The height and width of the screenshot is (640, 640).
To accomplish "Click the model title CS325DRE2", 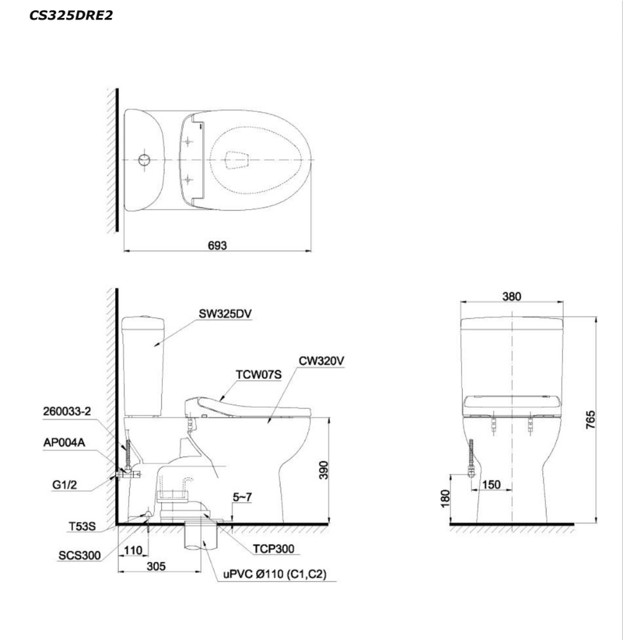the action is point(71,15).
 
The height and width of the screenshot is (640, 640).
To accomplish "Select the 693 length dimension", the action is point(217,245).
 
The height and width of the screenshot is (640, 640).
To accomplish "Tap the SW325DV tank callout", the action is point(225,314).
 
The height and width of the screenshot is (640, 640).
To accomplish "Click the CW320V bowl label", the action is point(321,361).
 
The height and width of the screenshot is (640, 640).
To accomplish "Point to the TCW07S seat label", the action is point(259,374).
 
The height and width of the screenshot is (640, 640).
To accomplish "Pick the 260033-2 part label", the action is point(67,411).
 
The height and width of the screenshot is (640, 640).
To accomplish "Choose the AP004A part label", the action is point(64,442).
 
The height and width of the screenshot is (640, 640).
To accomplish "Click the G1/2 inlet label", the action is point(65,485).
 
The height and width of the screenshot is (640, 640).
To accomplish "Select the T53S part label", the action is point(82,527).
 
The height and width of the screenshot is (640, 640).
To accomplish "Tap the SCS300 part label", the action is point(79,555).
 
